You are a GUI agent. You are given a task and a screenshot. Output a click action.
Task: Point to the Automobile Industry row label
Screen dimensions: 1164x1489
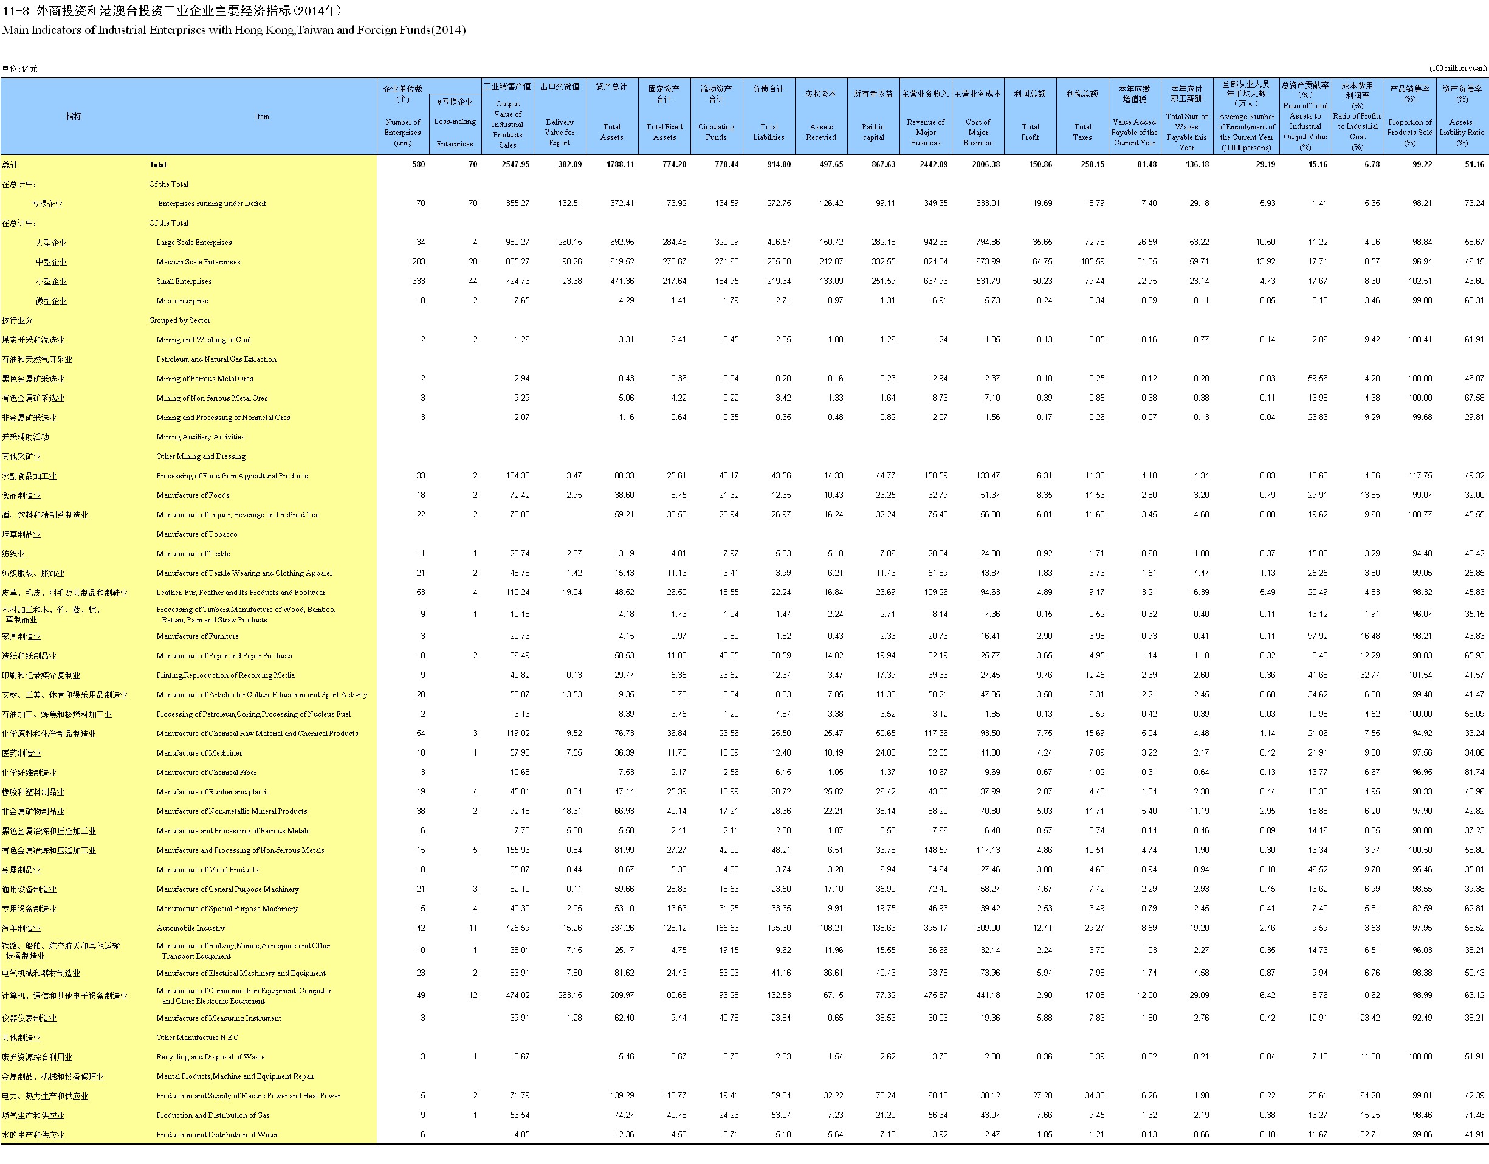click(x=190, y=928)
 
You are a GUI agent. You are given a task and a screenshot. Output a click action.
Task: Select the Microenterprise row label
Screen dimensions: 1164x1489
click(x=182, y=301)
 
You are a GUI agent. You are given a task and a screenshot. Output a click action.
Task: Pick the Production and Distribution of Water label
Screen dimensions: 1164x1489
click(x=217, y=1135)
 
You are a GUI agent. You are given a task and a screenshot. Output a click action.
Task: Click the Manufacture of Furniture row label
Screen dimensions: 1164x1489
click(x=197, y=636)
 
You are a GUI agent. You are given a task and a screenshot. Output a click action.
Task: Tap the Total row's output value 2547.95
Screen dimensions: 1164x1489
click(x=515, y=164)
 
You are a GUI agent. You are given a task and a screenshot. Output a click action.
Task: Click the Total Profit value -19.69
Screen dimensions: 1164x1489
click(x=1041, y=203)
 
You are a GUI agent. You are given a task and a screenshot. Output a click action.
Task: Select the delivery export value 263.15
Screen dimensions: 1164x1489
click(x=569, y=996)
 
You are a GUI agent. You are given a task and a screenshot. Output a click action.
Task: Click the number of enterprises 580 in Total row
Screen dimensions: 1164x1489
click(x=418, y=164)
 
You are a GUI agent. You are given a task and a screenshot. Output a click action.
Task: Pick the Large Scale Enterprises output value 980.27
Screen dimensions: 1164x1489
click(x=517, y=242)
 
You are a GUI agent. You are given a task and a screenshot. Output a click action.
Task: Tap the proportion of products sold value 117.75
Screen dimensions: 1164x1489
click(x=1420, y=476)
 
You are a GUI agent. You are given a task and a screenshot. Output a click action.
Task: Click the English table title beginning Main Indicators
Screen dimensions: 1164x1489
click(x=234, y=30)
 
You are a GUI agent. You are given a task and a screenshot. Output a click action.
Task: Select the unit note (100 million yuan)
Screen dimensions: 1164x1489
click(x=1457, y=68)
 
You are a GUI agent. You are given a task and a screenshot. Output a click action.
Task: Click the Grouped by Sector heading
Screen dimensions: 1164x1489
click(x=179, y=320)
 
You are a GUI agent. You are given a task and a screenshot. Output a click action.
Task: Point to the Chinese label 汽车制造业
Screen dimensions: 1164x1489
click(x=21, y=928)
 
